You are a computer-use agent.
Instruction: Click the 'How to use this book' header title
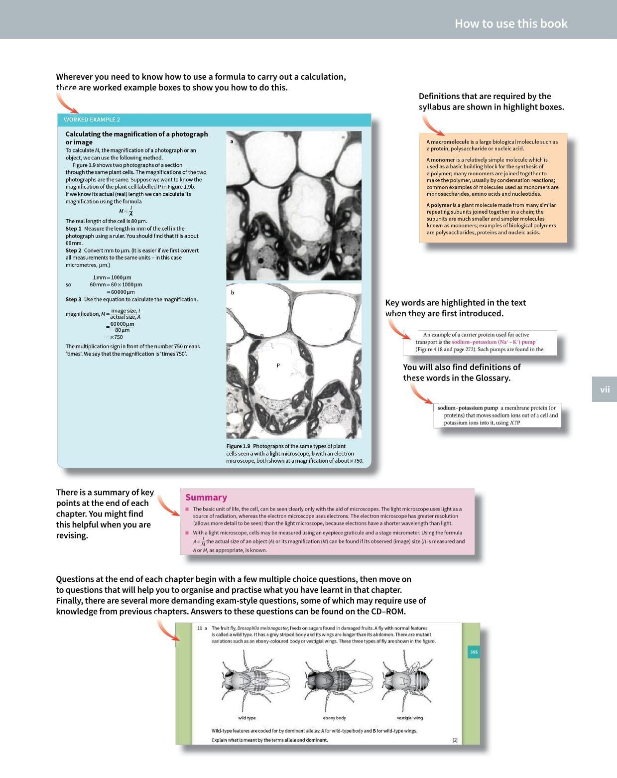click(x=511, y=23)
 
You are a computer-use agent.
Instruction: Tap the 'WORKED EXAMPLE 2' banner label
click(x=92, y=120)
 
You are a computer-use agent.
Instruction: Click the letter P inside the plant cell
click(x=278, y=366)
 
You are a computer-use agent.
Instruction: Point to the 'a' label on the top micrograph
click(x=232, y=141)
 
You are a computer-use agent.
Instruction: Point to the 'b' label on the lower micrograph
click(x=233, y=292)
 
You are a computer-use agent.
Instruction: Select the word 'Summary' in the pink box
click(x=206, y=497)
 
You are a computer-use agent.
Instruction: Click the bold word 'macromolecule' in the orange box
click(x=450, y=142)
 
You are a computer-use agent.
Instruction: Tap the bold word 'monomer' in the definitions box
click(x=443, y=160)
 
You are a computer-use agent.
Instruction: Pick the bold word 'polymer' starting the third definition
click(x=441, y=205)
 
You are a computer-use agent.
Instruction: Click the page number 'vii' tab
click(x=605, y=389)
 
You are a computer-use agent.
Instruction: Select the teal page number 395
click(x=474, y=652)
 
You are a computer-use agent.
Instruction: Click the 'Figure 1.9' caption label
click(x=238, y=446)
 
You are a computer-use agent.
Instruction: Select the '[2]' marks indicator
click(x=455, y=740)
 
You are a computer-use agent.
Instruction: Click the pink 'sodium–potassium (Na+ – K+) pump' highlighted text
click(x=493, y=342)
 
